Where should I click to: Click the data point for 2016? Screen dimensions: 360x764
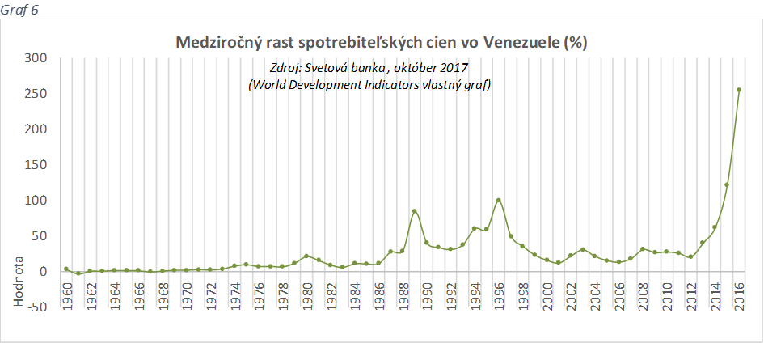click(739, 90)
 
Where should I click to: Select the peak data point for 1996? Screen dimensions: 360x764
click(498, 200)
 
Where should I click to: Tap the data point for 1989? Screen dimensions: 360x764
click(415, 211)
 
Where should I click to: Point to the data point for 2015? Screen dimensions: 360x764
click(727, 185)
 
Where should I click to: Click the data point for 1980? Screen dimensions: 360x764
click(306, 256)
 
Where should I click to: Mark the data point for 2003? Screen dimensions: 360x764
click(583, 249)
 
